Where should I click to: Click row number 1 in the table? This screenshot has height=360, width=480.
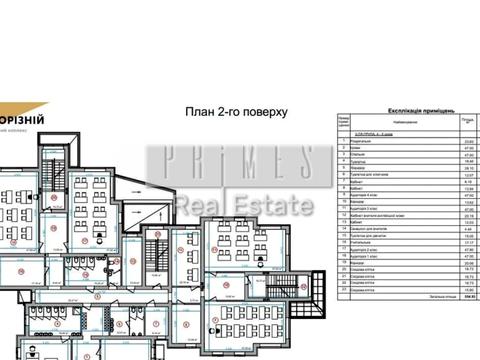342,141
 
